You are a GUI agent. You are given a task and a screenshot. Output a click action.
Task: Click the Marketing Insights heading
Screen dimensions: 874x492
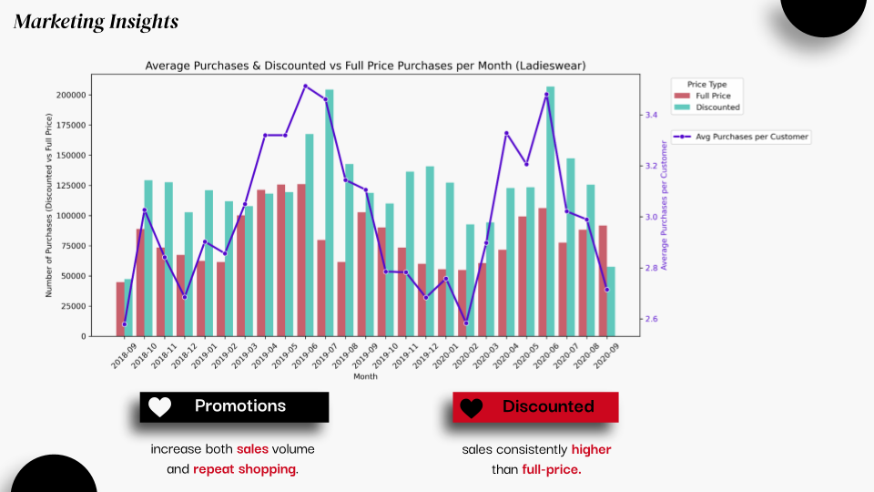click(96, 22)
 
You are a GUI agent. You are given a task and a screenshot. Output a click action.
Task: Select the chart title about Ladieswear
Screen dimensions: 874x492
click(365, 66)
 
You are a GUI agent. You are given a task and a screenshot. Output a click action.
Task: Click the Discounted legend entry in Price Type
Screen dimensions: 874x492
click(706, 108)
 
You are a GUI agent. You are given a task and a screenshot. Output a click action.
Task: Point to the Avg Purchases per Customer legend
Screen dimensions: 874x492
click(741, 137)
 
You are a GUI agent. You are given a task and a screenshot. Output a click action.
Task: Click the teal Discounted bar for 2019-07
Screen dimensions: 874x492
click(330, 213)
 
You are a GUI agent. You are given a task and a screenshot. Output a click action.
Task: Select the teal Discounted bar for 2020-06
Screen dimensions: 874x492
click(551, 211)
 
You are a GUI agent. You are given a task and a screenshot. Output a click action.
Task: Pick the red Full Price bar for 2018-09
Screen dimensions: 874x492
click(120, 309)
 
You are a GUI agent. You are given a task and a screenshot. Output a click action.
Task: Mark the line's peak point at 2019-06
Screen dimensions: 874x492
click(306, 86)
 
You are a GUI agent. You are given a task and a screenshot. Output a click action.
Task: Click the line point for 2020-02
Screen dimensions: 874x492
click(466, 323)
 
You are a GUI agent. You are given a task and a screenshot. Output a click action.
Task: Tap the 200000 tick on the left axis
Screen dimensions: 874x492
click(71, 96)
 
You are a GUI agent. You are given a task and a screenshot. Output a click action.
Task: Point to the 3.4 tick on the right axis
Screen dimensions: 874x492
click(651, 115)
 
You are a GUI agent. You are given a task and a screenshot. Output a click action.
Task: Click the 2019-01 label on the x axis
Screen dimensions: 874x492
click(204, 356)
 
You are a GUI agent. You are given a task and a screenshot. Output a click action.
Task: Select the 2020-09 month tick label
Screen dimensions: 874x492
click(606, 356)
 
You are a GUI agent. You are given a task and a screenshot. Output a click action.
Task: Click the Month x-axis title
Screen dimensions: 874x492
click(365, 376)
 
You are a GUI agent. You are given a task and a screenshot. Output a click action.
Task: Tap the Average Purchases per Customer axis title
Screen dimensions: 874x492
click(664, 205)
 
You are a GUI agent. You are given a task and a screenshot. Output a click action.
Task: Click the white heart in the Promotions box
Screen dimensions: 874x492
click(159, 406)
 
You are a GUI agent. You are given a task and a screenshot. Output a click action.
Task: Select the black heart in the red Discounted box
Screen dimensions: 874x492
click(471, 408)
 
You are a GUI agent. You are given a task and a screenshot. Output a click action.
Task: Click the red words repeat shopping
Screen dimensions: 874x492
click(244, 469)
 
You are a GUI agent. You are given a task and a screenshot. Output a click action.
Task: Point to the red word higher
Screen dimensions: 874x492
click(592, 449)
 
